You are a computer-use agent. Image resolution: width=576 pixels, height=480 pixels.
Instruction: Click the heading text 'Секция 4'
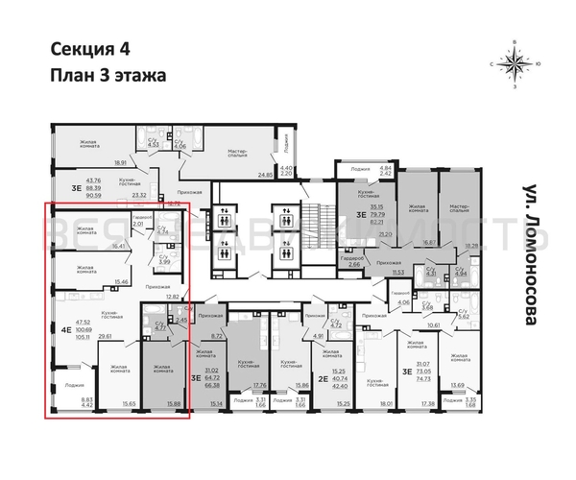point(86,51)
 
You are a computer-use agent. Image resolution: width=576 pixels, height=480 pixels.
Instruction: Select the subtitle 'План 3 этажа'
point(107,75)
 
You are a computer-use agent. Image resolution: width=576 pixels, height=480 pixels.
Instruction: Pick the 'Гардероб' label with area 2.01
point(138,217)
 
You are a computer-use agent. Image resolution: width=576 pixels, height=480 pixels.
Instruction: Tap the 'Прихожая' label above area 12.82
point(157,286)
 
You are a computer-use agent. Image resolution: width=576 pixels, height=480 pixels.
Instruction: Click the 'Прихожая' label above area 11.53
point(389,262)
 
